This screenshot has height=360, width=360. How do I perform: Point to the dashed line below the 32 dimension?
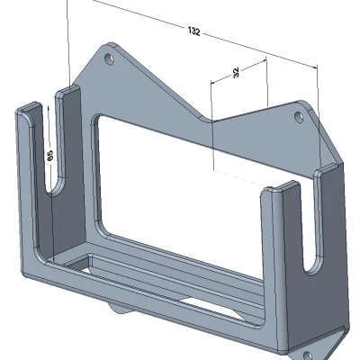click(238, 171)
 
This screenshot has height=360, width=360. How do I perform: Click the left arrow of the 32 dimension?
click(212, 79)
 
